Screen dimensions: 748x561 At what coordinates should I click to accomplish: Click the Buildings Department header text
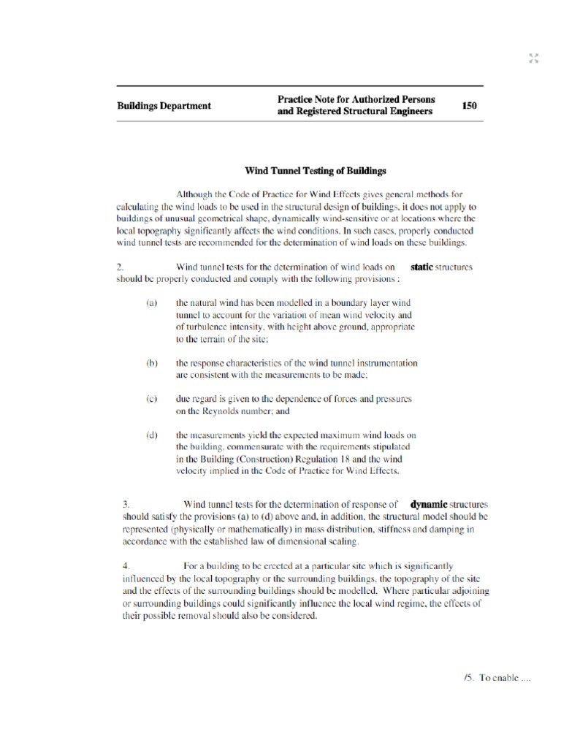[164, 105]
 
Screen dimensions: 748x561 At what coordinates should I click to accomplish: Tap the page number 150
[469, 105]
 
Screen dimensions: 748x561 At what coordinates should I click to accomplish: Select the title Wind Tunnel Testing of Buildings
[314, 170]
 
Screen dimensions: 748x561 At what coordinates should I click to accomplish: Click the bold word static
[421, 267]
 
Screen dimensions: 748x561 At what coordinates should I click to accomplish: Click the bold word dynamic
[428, 504]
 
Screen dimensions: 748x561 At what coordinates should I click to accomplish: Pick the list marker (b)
[151, 362]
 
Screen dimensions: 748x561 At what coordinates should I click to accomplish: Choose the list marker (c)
[151, 399]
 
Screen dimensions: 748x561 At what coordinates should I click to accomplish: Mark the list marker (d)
[151, 435]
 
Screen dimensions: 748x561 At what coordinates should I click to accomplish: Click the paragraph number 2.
[120, 267]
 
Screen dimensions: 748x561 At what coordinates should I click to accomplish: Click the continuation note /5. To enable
[496, 677]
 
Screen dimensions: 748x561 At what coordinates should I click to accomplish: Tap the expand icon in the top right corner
[533, 58]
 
